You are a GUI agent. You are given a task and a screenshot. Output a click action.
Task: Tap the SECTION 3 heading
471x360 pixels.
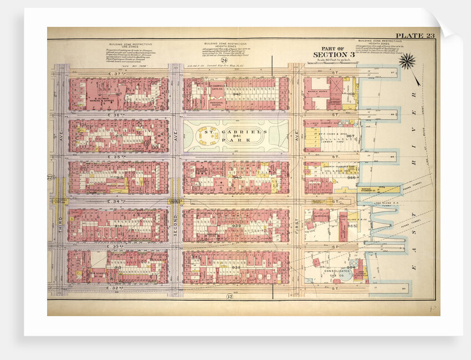pos(333,54)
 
